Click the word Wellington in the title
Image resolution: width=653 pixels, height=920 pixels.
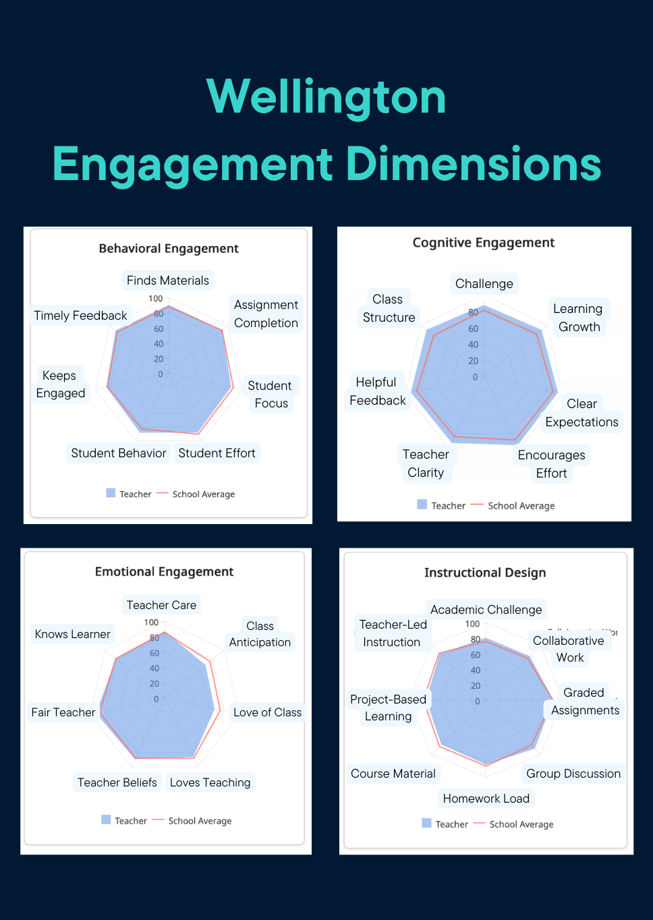point(326,97)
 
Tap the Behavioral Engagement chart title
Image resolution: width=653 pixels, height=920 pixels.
point(169,248)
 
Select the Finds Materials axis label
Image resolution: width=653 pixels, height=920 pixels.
point(168,281)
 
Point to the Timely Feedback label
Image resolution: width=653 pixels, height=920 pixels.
point(80,316)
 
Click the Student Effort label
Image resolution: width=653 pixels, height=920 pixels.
point(217,453)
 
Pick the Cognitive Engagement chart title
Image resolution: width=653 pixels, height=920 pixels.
point(484,243)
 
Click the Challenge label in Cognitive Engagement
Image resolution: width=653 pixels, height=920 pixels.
point(484,284)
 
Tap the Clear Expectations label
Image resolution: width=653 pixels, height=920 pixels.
point(581,413)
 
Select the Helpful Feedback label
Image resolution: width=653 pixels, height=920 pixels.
point(377,391)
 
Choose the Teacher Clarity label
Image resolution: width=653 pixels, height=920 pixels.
point(426,463)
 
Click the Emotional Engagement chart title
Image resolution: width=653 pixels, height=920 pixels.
point(164,572)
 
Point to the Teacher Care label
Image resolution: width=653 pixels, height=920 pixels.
point(161,605)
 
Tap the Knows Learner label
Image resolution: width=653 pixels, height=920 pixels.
point(72,634)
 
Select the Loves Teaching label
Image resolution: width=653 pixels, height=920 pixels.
point(210,782)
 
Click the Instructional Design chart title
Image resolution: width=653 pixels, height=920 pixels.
point(485,573)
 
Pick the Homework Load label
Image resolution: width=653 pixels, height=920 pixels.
point(486,799)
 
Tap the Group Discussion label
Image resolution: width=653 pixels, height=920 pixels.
point(573,774)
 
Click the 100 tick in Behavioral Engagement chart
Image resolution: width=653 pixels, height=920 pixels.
point(155,299)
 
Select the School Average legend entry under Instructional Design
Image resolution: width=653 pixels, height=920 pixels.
point(521,824)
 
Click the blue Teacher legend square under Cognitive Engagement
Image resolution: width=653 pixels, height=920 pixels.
point(422,505)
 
